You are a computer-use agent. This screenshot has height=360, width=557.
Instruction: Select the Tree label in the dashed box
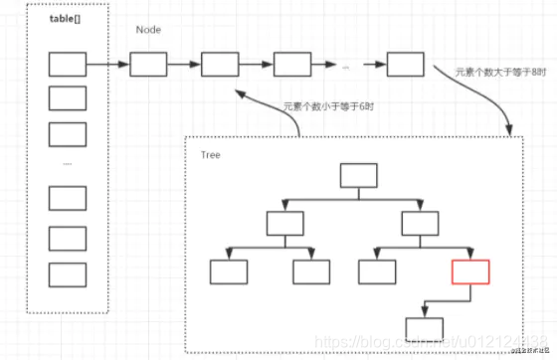coord(210,155)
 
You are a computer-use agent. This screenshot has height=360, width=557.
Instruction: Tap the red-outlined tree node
coord(470,271)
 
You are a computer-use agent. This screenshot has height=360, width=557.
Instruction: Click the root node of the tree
coord(359,176)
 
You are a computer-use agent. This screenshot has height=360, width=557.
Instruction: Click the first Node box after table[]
coord(147,66)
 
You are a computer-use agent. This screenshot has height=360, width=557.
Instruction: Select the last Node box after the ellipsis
coord(405,66)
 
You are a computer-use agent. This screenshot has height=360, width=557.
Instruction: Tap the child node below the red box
coord(426,327)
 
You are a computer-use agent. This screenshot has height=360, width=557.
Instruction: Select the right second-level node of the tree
coord(420,223)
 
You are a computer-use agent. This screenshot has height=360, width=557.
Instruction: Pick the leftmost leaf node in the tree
coord(228,271)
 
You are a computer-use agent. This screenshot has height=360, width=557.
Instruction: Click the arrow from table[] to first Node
coord(107,67)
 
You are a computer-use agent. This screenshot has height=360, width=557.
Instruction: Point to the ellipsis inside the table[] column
coord(68,163)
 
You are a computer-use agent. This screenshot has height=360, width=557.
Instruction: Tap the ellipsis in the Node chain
coord(345,66)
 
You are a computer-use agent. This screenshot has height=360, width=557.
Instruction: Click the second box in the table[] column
coord(68,98)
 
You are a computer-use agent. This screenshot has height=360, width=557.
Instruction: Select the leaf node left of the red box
coord(377,271)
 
